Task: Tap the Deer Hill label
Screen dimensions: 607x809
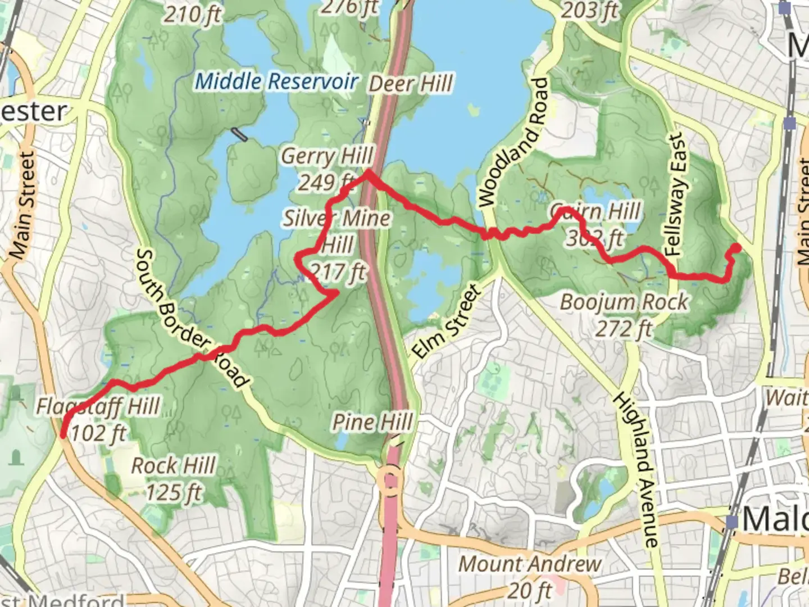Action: click(411, 84)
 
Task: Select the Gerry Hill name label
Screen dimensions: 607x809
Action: click(327, 156)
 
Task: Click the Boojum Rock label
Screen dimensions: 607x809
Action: click(624, 302)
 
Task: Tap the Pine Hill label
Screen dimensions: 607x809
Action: click(372, 422)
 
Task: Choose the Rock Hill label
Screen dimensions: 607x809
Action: click(173, 465)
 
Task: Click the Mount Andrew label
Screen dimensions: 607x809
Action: click(530, 563)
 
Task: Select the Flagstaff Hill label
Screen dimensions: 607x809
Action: click(98, 406)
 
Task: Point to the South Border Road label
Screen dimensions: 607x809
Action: click(191, 320)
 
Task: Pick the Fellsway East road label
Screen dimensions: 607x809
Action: click(676, 194)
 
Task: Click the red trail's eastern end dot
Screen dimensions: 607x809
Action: click(735, 248)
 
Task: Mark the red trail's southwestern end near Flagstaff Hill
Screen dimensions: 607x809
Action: click(63, 433)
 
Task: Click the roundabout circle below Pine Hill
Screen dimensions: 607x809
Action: click(390, 481)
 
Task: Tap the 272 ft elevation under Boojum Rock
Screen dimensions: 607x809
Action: click(624, 328)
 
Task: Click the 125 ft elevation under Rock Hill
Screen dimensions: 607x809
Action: click(173, 492)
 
